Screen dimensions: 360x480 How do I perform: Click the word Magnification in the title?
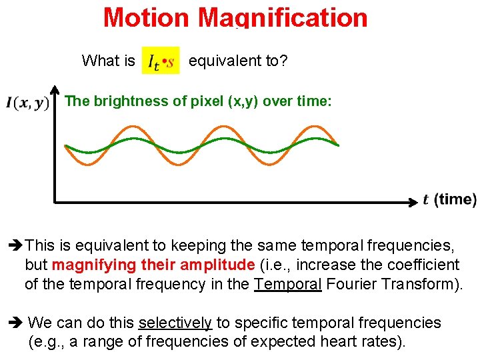[283, 17]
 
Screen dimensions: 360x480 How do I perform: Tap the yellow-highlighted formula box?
[161, 61]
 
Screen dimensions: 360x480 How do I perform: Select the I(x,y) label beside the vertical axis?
[27, 103]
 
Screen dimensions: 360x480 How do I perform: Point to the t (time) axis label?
[449, 199]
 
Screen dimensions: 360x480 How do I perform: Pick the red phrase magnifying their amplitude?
[153, 265]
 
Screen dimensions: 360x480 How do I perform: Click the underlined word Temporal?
[288, 283]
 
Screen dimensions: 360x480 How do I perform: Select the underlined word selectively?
[175, 323]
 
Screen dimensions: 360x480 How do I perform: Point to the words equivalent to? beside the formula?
[238, 61]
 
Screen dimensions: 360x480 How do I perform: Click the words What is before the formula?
[108, 61]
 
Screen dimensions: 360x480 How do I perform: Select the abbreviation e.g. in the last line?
[47, 342]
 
